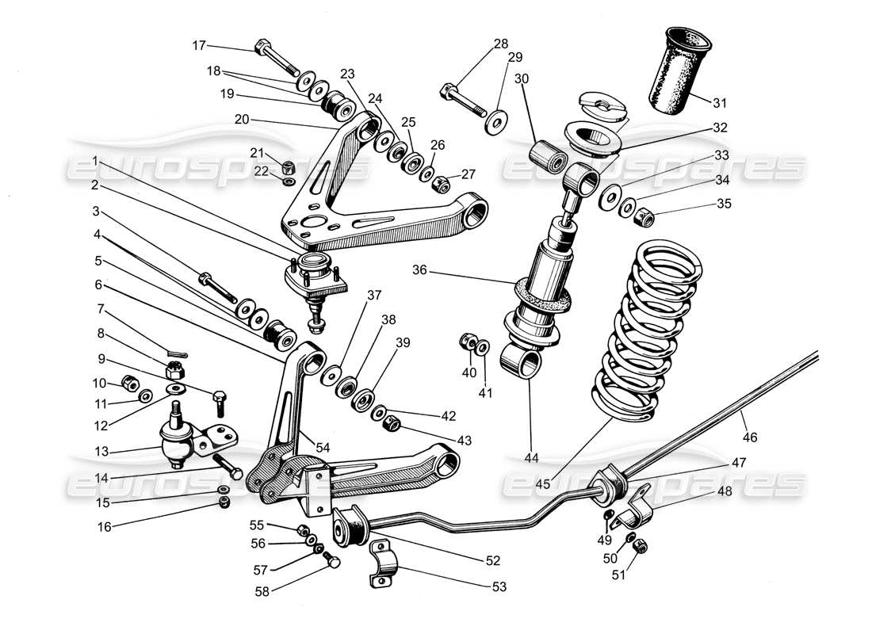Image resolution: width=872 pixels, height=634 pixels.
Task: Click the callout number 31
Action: tap(719, 102)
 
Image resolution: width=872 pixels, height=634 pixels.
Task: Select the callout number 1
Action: tap(95, 160)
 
